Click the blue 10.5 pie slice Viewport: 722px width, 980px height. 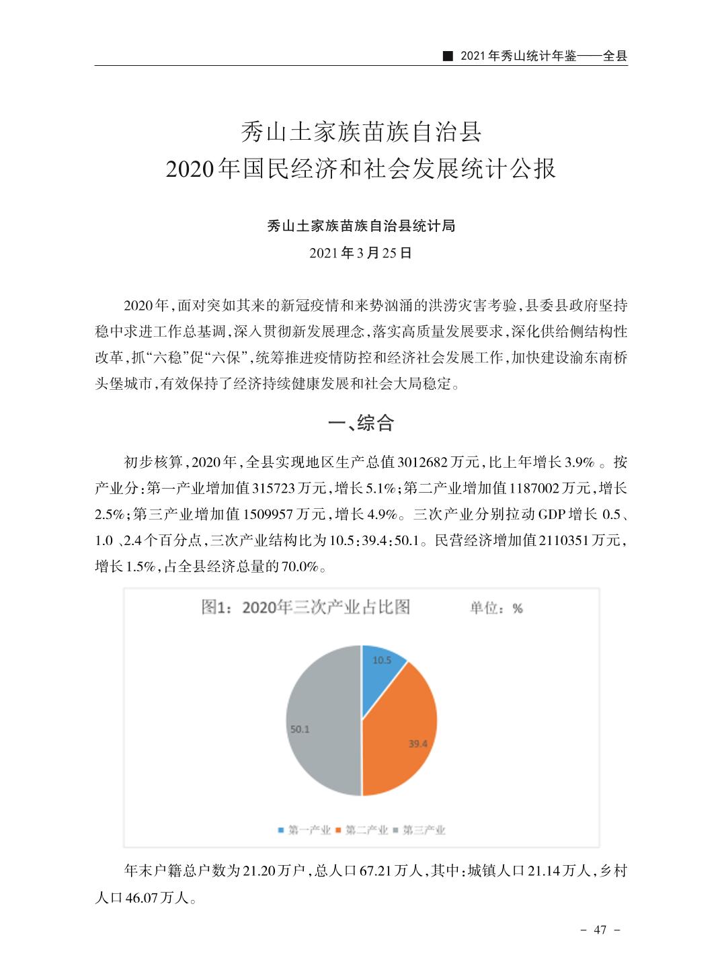[382, 669]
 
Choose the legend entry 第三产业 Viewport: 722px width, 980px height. [419, 830]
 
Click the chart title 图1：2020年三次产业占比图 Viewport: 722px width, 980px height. [306, 608]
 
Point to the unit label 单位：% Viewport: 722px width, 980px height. [496, 608]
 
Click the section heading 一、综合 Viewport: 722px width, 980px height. [360, 423]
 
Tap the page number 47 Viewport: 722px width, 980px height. [600, 930]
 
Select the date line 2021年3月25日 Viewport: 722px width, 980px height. [360, 253]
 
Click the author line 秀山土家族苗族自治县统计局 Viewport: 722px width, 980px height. [361, 226]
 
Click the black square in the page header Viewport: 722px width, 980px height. [446, 56]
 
